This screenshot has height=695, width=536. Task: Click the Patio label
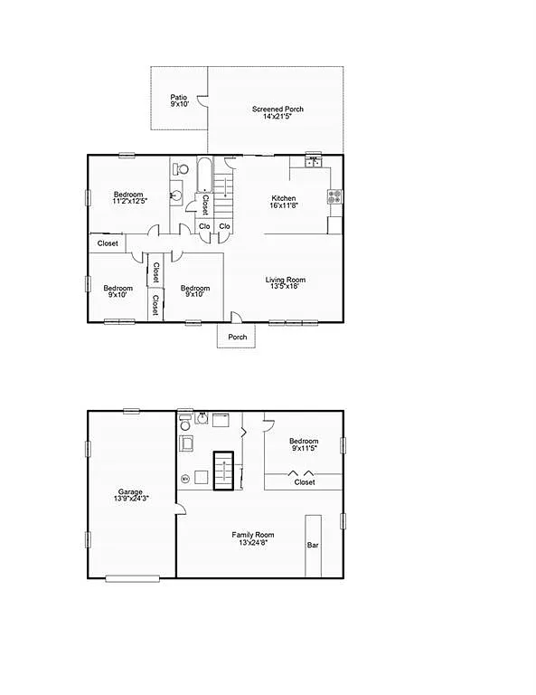pyautogui.click(x=179, y=98)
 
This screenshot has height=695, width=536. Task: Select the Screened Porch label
pyautogui.click(x=277, y=109)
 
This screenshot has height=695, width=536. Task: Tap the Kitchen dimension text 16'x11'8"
pyautogui.click(x=284, y=205)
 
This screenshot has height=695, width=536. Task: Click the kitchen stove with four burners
pyautogui.click(x=334, y=196)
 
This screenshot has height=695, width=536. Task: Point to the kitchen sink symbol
pyautogui.click(x=314, y=164)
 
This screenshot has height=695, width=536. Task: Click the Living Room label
pyautogui.click(x=285, y=280)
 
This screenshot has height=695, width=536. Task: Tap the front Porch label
pyautogui.click(x=237, y=338)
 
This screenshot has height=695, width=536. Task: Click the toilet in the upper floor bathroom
pyautogui.click(x=181, y=168)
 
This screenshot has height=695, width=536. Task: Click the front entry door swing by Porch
pyautogui.click(x=235, y=317)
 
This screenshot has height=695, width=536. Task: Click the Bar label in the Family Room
pyautogui.click(x=313, y=546)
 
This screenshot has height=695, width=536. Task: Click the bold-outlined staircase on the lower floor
pyautogui.click(x=223, y=471)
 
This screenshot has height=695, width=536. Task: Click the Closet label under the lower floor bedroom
pyautogui.click(x=305, y=482)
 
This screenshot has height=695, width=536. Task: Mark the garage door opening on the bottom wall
pyautogui.click(x=132, y=577)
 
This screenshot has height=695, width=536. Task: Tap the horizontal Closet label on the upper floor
pyautogui.click(x=108, y=243)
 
